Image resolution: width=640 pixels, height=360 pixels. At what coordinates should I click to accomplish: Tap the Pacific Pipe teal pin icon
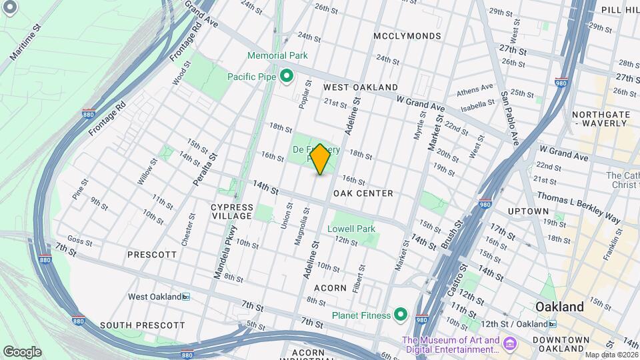[x=287, y=77]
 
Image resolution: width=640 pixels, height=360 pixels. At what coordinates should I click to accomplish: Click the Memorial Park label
[x=277, y=55]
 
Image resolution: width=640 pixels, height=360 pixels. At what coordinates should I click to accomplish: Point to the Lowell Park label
[x=351, y=229]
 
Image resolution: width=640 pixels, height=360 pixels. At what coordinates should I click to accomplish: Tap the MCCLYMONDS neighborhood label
[x=407, y=35]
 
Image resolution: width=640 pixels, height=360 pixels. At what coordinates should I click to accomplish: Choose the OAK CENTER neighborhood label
[x=365, y=193]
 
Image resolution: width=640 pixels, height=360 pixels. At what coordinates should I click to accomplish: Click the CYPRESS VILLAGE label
[x=232, y=211]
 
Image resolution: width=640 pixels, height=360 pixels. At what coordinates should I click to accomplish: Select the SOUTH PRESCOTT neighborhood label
[x=142, y=325]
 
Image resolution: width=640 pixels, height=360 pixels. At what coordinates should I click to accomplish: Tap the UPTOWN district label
[x=527, y=211]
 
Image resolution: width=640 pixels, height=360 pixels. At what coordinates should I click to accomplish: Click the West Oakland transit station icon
[x=186, y=297]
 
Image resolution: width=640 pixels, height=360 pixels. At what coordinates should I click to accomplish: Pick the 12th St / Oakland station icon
[x=552, y=324]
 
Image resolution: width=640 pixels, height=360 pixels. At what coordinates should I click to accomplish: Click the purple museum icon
[x=510, y=345]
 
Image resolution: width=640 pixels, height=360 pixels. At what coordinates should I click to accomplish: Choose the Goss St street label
[x=79, y=241]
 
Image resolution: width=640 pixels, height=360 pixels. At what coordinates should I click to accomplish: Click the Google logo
[x=22, y=351]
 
